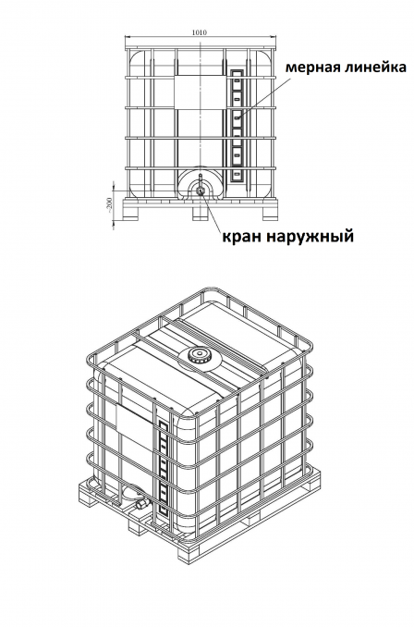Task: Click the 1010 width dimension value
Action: (x=200, y=32)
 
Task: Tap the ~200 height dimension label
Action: (x=109, y=205)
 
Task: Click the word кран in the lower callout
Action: (x=240, y=236)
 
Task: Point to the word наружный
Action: (x=309, y=237)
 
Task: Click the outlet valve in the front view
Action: (x=200, y=189)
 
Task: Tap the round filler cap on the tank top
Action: (x=198, y=355)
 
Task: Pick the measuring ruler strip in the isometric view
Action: (x=163, y=467)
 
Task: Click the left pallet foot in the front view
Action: (x=132, y=214)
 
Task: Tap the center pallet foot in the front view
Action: (x=200, y=214)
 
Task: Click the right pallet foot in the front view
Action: (x=269, y=214)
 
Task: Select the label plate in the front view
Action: (x=198, y=92)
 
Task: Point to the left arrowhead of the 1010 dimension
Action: (x=128, y=37)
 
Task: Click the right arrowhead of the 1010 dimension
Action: (x=274, y=37)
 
